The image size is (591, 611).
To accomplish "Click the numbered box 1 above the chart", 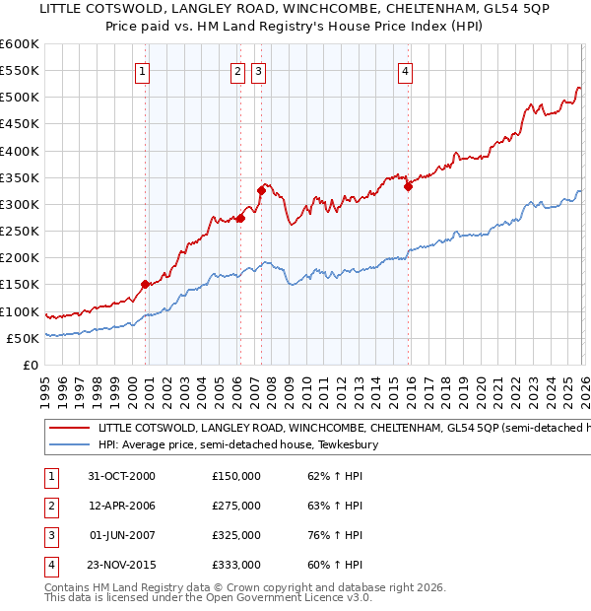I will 143,71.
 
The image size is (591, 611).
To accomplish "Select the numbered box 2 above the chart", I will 238,71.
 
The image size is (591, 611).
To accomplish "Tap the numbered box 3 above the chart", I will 258,71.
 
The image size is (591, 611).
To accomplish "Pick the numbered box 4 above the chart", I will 405,71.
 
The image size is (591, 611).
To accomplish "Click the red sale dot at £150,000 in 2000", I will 146,284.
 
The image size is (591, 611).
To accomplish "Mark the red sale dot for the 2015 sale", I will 408,187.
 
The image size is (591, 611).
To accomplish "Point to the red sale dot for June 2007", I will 261,190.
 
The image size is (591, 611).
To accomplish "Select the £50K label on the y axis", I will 24,338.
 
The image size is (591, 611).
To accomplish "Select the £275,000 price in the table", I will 236,506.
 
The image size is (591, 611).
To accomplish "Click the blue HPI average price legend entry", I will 236,445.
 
